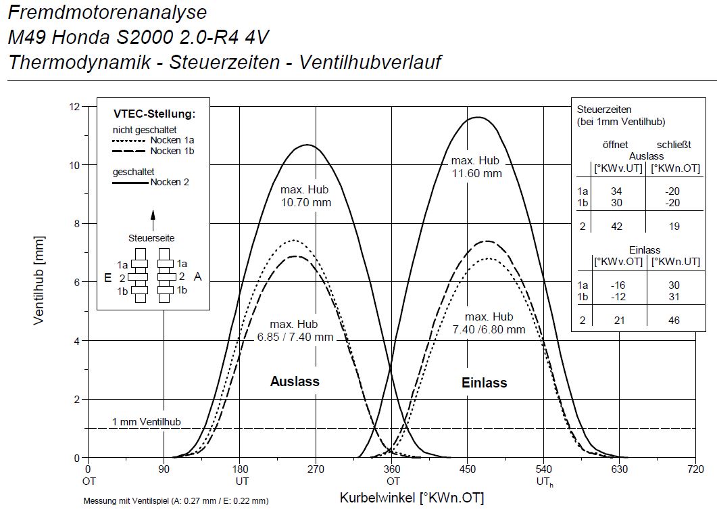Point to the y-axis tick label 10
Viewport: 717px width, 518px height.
click(74, 165)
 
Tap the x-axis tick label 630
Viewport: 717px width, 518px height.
click(620, 469)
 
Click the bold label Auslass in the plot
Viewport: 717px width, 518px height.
click(295, 381)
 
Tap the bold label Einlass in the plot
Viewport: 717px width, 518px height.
click(485, 383)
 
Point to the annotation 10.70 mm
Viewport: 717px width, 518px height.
click(305, 202)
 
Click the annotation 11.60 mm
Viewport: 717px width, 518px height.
click(477, 172)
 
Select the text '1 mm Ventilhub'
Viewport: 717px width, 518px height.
click(147, 422)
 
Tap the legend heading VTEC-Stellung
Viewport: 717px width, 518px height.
click(154, 114)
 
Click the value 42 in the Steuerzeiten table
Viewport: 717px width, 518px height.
click(616, 227)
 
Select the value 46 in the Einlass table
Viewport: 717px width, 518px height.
click(674, 321)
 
